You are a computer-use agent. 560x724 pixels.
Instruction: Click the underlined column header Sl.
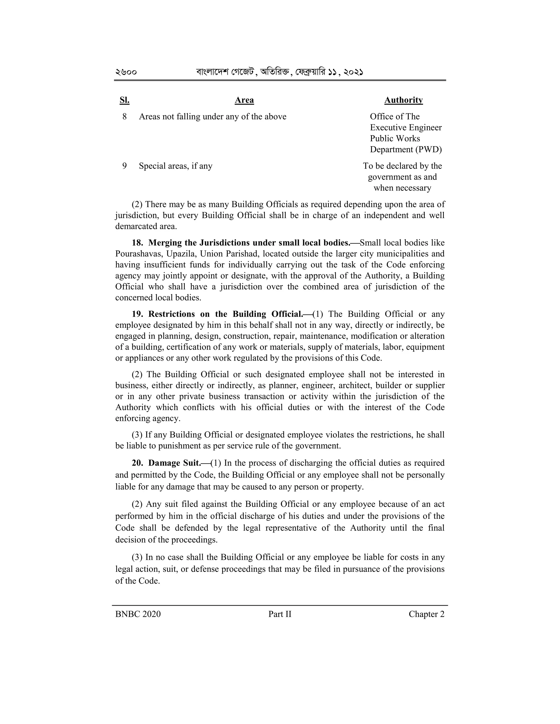[x=124, y=100]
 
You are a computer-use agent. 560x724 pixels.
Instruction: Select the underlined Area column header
[x=244, y=100]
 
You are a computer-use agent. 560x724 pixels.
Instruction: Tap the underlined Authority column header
[x=403, y=100]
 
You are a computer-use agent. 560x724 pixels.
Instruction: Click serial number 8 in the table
[x=124, y=117]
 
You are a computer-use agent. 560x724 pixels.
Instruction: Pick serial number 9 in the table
[x=124, y=166]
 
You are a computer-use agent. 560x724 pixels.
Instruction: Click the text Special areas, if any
[x=176, y=166]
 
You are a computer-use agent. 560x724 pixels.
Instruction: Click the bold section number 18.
[x=137, y=243]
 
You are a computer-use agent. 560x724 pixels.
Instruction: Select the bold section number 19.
[x=137, y=314]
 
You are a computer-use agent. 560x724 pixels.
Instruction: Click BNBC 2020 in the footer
[x=138, y=614]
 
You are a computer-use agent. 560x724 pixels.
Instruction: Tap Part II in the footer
[x=280, y=614]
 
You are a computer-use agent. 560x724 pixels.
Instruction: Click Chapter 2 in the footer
[x=426, y=614]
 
